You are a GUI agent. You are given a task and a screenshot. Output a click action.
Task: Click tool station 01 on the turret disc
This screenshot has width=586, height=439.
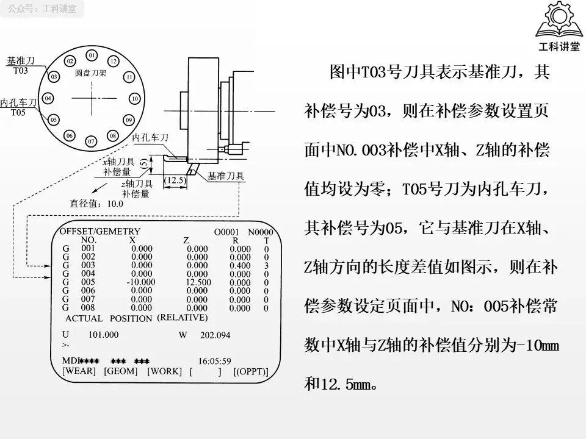[92, 56]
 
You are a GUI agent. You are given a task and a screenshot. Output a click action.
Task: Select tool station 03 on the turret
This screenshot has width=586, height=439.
[54, 77]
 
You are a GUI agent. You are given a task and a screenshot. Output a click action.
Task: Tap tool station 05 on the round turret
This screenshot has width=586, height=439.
[54, 120]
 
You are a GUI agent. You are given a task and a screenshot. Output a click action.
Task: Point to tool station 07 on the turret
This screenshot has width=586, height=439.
[92, 141]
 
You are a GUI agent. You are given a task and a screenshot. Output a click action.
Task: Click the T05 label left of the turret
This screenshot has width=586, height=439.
[18, 113]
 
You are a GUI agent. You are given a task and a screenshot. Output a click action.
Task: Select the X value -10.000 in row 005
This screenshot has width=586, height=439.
[141, 282]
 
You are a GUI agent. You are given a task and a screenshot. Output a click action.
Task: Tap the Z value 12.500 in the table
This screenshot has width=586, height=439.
[197, 282]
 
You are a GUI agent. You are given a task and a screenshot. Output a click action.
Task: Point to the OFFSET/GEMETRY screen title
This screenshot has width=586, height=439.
[100, 232]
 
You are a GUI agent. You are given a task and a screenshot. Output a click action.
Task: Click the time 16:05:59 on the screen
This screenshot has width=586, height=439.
[214, 361]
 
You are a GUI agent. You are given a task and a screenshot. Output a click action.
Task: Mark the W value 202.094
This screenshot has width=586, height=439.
[215, 335]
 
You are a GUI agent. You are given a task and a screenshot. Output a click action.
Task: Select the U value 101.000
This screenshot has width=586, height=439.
[103, 335]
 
